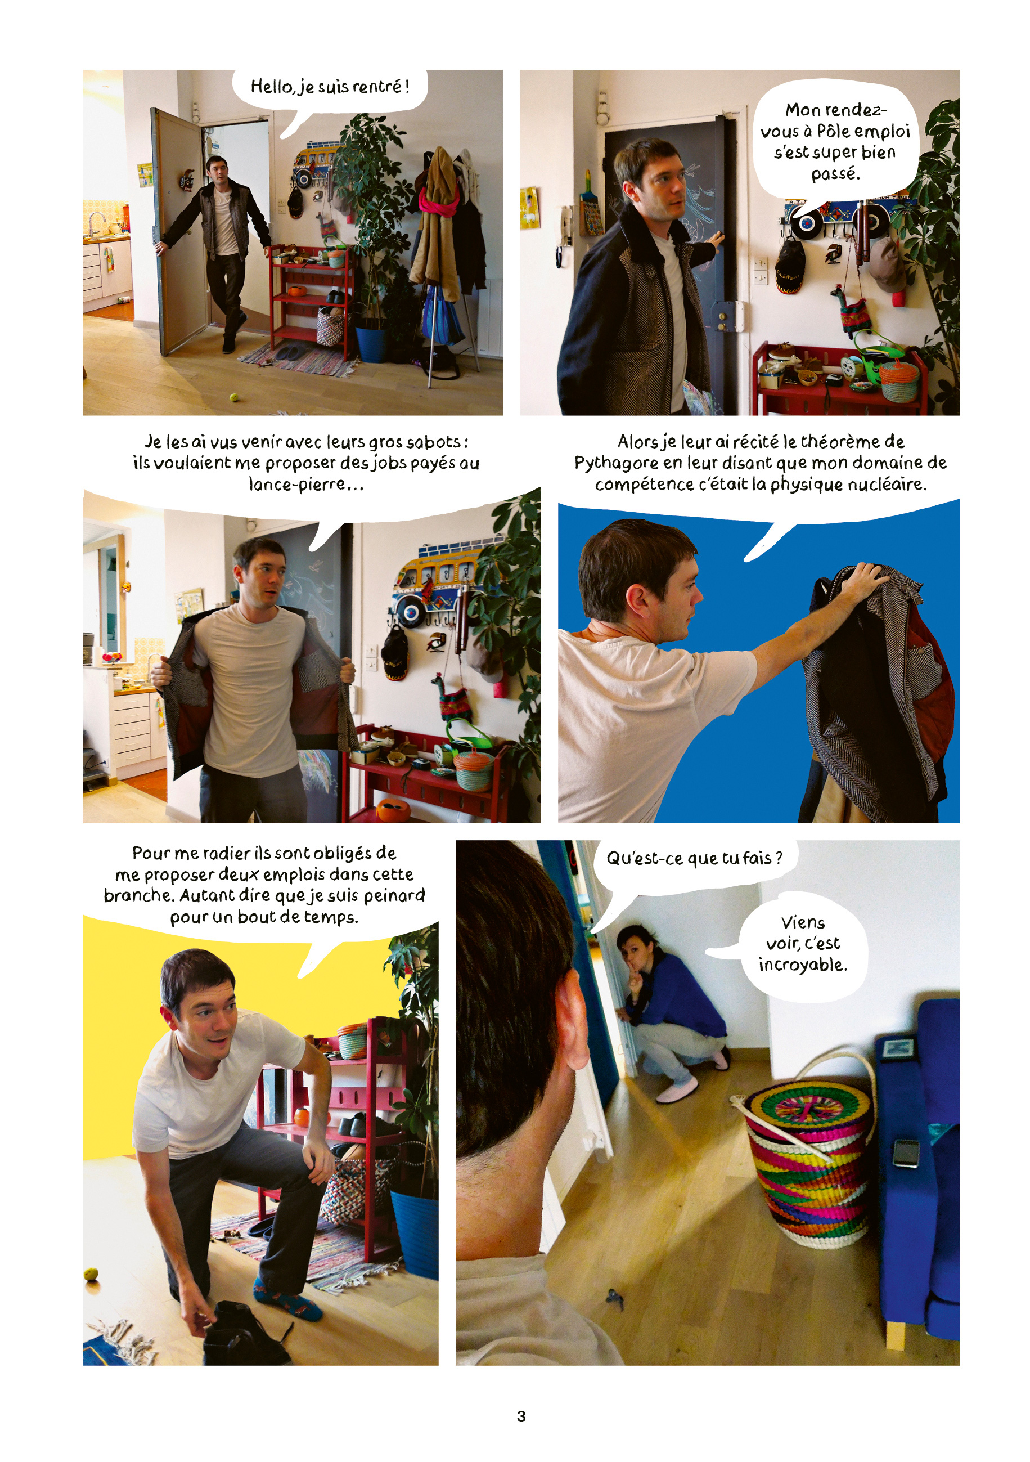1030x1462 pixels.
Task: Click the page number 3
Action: (521, 1416)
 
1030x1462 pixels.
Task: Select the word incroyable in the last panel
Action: (802, 965)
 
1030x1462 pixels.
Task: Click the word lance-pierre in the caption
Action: (300, 485)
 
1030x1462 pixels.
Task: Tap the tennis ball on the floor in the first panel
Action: (233, 397)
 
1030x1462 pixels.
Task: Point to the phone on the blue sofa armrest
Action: (906, 1153)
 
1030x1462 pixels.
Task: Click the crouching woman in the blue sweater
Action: (668, 1012)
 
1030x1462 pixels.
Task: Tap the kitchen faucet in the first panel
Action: (96, 223)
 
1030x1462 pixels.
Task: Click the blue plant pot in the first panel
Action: (372, 344)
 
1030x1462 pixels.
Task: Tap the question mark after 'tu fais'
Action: (777, 858)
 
